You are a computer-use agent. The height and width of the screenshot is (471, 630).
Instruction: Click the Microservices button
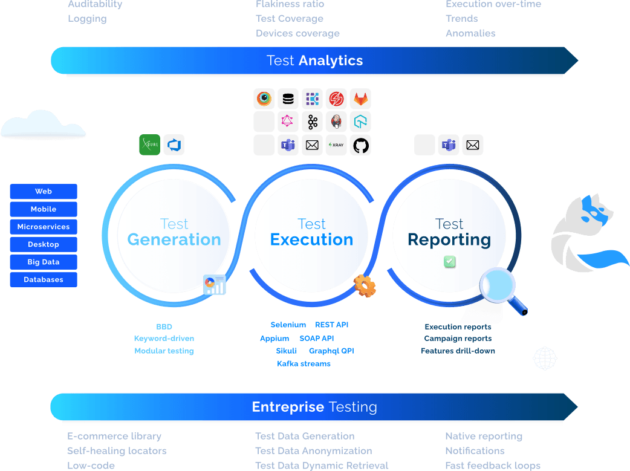44,227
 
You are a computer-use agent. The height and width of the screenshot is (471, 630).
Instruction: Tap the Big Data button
44,262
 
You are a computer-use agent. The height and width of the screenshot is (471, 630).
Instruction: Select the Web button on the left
44,191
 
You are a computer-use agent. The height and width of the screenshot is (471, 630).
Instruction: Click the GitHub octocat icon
361,145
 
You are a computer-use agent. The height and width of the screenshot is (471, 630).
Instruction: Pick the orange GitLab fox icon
360,99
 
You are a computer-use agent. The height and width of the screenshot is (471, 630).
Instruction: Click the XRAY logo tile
336,145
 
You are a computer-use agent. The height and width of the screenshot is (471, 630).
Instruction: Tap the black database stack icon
288,99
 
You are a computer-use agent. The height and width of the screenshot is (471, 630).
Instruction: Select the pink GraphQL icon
287,120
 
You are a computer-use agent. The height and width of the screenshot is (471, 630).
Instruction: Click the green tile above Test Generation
150,145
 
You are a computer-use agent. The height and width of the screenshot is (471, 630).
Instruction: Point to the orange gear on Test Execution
365,286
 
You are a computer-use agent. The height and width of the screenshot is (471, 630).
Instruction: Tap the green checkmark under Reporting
450,262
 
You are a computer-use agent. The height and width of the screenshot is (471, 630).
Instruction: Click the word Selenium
288,325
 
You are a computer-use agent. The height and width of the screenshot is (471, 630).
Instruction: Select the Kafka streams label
304,364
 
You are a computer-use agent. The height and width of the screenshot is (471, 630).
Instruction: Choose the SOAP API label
317,339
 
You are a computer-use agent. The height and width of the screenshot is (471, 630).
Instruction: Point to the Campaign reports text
458,339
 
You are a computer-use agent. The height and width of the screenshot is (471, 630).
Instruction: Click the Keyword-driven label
164,339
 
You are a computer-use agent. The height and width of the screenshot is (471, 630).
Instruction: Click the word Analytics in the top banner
331,60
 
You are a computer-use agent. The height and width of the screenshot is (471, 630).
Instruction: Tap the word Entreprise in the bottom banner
288,407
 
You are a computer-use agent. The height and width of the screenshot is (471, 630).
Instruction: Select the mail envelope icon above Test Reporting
473,145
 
